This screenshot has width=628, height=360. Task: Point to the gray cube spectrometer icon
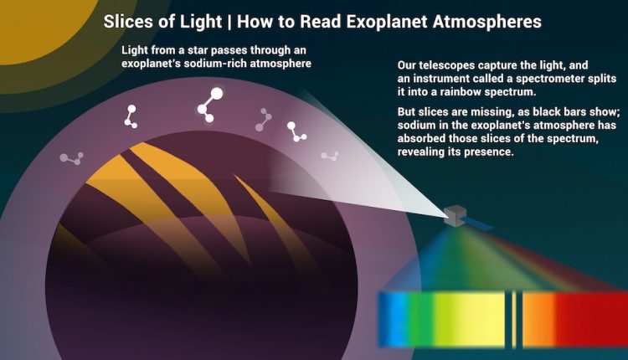pos(455,215)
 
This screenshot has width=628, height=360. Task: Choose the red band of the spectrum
pos(590,318)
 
